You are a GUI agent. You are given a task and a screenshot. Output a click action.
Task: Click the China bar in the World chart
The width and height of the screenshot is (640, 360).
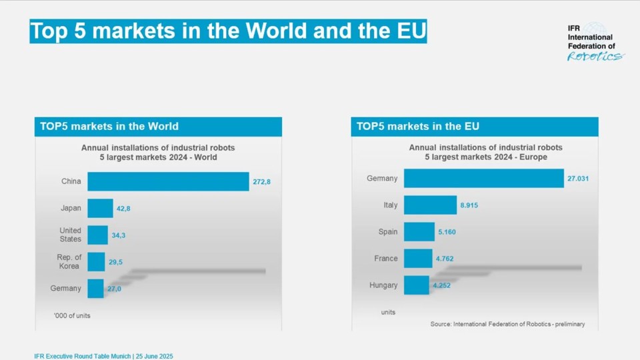click(168, 181)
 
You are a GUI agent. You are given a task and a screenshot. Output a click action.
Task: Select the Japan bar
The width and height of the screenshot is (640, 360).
click(100, 208)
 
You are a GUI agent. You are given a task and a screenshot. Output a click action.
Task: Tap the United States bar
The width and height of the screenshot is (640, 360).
click(97, 235)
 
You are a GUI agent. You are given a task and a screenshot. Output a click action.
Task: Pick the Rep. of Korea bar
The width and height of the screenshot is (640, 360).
click(96, 261)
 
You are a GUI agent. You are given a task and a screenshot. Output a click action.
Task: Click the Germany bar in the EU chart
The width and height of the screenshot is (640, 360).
click(484, 179)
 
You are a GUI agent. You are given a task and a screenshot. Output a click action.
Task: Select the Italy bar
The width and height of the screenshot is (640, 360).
click(430, 205)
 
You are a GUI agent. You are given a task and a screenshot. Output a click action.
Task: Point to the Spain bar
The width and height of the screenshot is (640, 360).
click(419, 232)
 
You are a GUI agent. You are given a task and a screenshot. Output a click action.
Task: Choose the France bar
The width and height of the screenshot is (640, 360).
click(418, 259)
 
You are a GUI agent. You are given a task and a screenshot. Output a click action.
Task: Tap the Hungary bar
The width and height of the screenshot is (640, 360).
click(417, 285)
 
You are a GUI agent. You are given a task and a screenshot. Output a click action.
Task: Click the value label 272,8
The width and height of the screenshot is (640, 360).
click(261, 181)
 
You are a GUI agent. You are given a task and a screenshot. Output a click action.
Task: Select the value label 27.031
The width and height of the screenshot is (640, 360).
click(578, 179)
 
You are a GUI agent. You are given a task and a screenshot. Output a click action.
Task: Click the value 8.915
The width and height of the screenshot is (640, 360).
click(469, 205)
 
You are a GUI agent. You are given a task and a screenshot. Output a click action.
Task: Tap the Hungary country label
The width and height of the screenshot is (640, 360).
click(383, 285)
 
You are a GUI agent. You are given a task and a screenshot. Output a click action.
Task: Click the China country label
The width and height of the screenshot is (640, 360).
click(71, 181)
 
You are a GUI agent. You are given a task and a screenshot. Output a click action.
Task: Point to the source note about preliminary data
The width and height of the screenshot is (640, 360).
click(507, 324)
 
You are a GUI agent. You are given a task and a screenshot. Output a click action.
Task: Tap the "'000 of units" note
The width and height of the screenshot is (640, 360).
click(72, 315)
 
